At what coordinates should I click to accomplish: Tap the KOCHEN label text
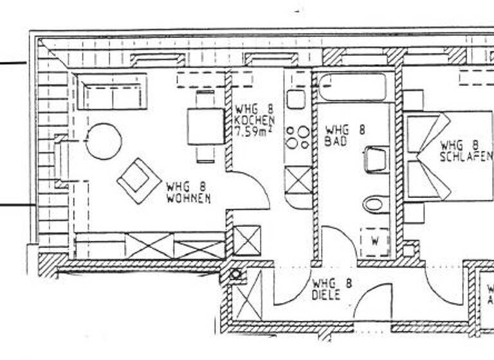[255, 120]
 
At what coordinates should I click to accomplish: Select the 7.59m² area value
[255, 132]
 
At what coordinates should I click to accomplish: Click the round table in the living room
[104, 141]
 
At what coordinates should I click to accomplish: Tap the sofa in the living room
[113, 93]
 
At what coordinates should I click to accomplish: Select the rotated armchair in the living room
[139, 181]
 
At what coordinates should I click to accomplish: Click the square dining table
[205, 126]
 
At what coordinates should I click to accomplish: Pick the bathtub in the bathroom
[353, 87]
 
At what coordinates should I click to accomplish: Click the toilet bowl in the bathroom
[375, 204]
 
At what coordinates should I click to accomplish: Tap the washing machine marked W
[374, 242]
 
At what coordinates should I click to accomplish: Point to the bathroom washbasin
[376, 159]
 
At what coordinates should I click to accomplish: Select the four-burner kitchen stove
[297, 138]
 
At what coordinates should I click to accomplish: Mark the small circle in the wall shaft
[236, 275]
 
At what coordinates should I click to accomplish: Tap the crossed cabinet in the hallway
[248, 294]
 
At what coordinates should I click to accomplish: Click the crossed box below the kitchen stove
[298, 179]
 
